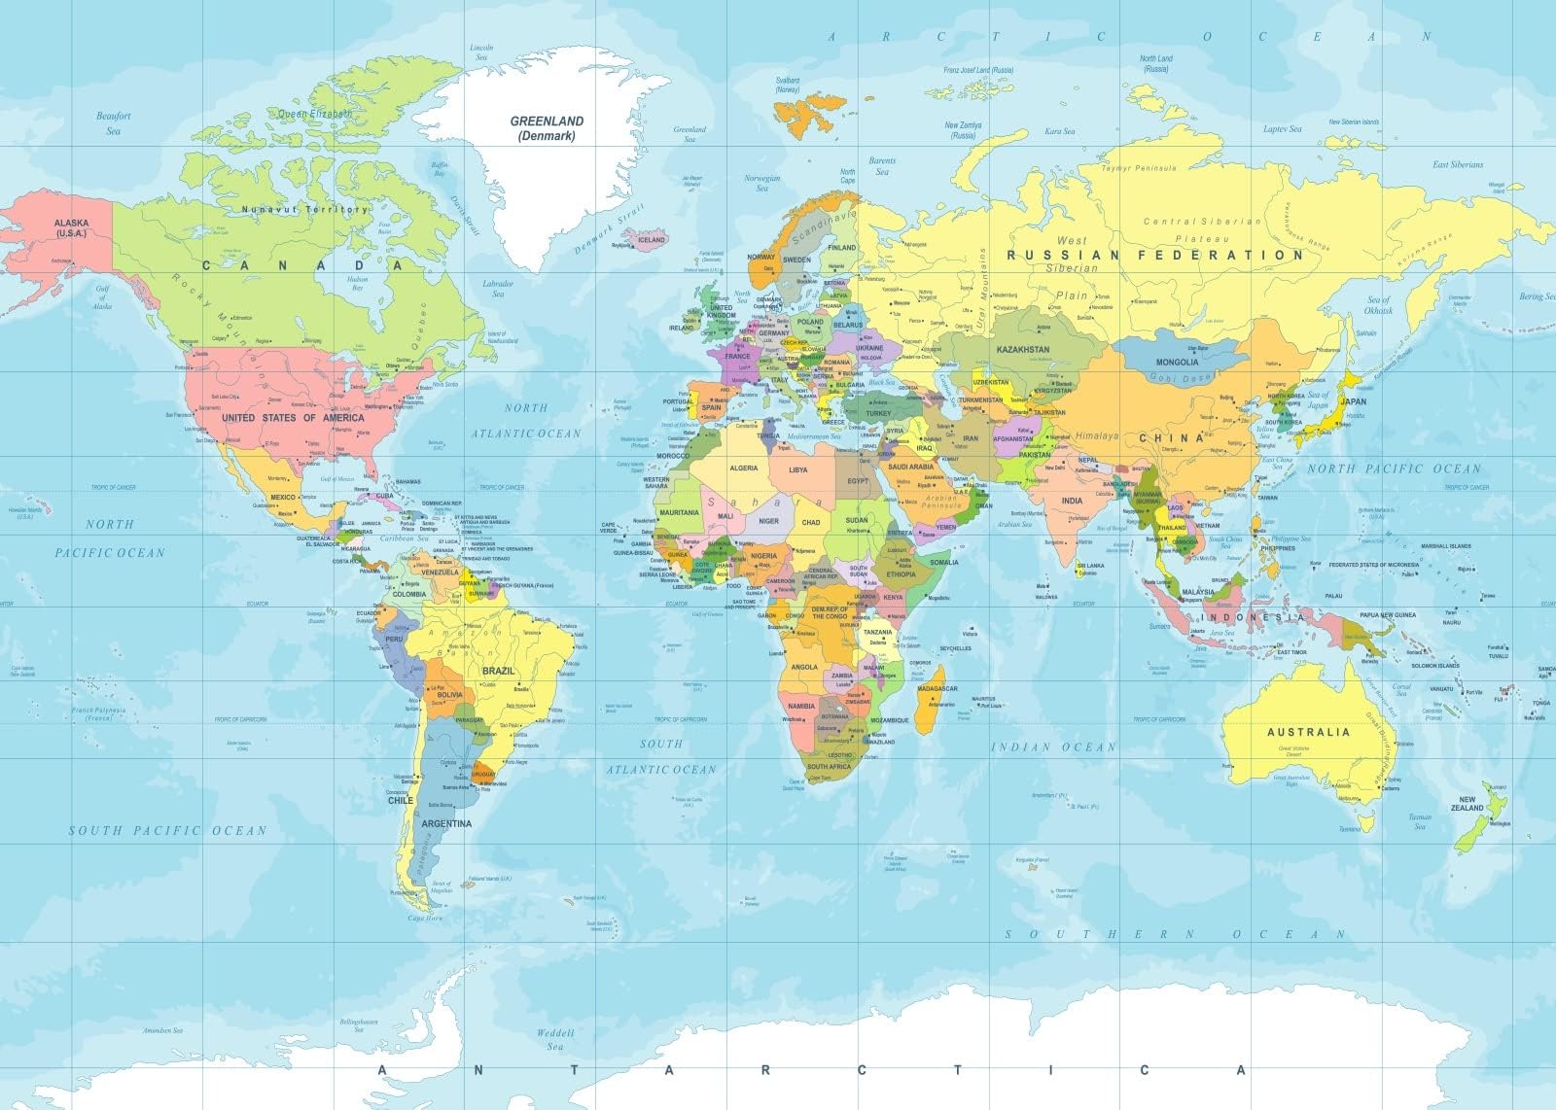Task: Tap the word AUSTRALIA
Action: [1307, 731]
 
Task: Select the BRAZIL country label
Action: [498, 671]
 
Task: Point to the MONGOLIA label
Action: [1177, 362]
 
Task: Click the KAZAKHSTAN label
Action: [1022, 349]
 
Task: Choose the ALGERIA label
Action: [743, 468]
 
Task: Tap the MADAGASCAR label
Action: [937, 688]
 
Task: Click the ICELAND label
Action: [651, 239]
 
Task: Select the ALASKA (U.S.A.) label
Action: [71, 228]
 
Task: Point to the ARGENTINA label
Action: [446, 823]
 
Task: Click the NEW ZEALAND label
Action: [1468, 803]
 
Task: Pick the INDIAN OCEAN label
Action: [1053, 746]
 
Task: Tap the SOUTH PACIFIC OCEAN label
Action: [166, 830]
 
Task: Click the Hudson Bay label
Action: [357, 283]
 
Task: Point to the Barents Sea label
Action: [882, 166]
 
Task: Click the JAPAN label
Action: [1353, 400]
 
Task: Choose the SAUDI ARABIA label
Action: [910, 468]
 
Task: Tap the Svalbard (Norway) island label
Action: [787, 85]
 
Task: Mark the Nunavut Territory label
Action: [304, 209]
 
